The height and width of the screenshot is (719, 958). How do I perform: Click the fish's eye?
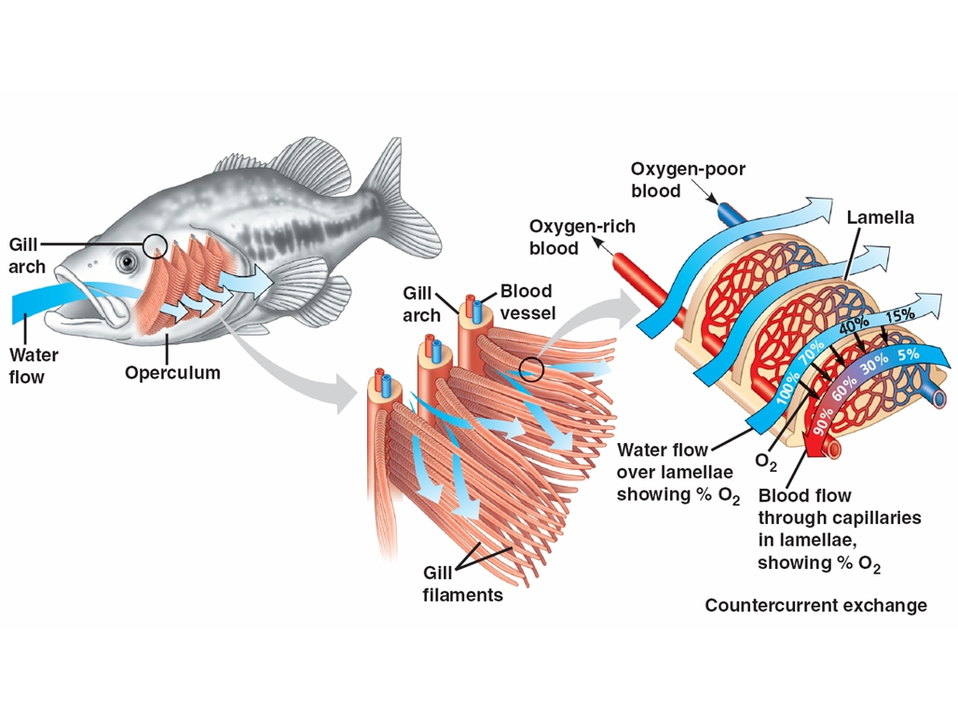tap(128, 261)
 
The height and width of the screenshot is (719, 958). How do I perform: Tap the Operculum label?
tap(172, 372)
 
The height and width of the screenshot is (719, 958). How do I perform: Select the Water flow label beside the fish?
tap(34, 366)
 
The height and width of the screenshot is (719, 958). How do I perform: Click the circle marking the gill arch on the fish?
tap(156, 246)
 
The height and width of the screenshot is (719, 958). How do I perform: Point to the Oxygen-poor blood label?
tap(688, 180)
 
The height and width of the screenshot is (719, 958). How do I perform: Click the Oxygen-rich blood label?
tap(582, 237)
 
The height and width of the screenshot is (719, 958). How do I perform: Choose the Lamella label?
tap(881, 217)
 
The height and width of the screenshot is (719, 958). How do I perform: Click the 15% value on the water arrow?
tap(900, 314)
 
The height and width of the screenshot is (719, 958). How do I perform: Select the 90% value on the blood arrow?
tap(822, 421)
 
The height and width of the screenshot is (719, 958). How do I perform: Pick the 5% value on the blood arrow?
tap(908, 354)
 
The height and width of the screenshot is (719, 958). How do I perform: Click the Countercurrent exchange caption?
tap(815, 605)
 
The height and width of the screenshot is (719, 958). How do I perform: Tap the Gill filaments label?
tap(462, 584)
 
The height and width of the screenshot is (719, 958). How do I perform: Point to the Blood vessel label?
tap(527, 302)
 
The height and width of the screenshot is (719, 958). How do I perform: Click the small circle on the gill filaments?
tap(531, 368)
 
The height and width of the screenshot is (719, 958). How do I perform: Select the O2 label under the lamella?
tap(766, 463)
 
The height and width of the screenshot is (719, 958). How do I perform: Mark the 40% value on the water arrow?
tap(854, 325)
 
